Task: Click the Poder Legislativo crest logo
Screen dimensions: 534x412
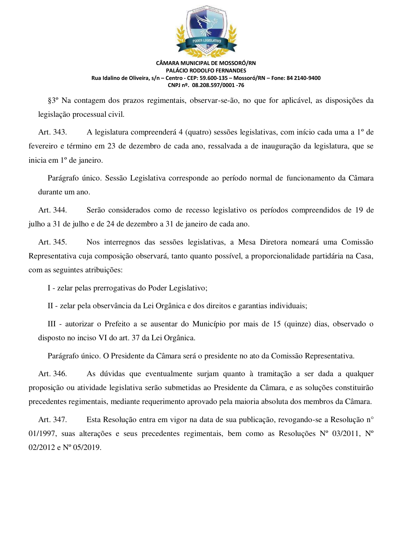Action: coord(206,31)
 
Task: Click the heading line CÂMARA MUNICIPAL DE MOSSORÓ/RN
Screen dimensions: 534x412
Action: coord(206,63)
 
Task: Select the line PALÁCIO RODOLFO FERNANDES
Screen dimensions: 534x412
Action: coord(206,71)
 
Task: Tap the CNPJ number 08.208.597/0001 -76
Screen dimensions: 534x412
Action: coord(218,85)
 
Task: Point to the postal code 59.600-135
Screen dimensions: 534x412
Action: coord(214,78)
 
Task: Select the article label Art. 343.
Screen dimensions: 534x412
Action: coord(52,132)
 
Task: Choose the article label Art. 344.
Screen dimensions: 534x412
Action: coord(52,210)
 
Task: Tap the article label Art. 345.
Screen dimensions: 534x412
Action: coord(52,242)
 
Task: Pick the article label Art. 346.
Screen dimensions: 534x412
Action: coord(52,374)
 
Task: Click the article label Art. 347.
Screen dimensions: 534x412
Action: coord(52,420)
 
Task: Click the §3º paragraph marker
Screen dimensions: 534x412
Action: coord(53,100)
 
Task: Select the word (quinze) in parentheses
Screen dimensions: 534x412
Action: coord(297,324)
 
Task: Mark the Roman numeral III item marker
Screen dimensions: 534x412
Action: coord(52,324)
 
